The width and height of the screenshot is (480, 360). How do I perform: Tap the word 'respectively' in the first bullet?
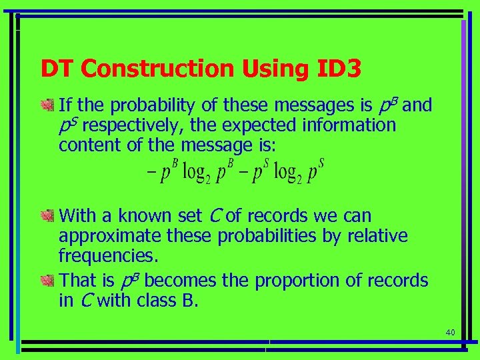129,125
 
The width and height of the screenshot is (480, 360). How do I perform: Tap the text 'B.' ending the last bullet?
190,301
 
